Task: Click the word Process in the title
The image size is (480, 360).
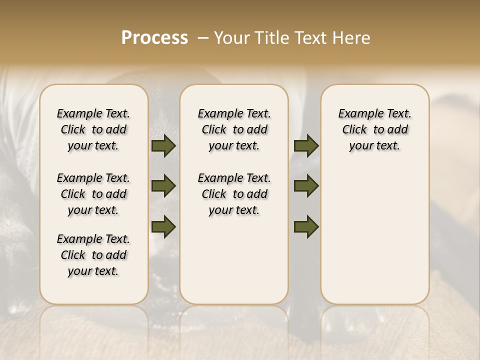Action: click(x=154, y=38)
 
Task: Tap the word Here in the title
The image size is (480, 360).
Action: click(x=353, y=38)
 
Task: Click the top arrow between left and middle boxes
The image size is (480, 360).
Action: click(x=163, y=146)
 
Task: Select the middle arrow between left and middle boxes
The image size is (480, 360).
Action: click(x=163, y=186)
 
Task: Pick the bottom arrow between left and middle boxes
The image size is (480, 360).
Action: click(x=163, y=226)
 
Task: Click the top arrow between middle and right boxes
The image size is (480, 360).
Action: click(x=306, y=146)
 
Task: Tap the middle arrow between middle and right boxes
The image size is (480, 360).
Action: click(x=306, y=186)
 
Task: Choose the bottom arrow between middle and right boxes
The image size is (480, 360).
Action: click(x=306, y=226)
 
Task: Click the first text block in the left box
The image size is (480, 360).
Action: click(x=93, y=129)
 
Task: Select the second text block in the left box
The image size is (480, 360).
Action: click(x=93, y=194)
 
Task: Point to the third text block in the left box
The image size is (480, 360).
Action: click(x=93, y=255)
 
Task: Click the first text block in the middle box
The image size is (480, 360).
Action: click(x=234, y=129)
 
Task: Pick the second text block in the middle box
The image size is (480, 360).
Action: click(x=234, y=194)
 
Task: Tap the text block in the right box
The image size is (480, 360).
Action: click(x=374, y=129)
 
